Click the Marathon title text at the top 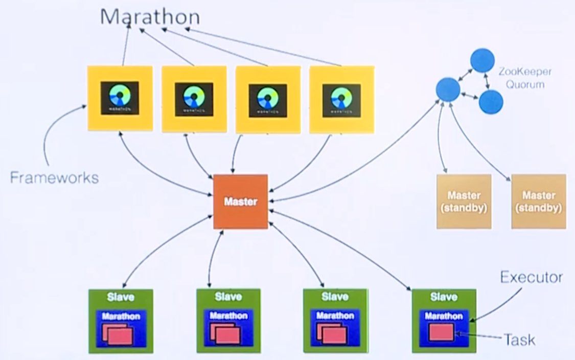(150, 16)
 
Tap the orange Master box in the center (240, 201)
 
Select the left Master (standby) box (464, 201)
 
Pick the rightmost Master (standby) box (539, 201)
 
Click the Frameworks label (54, 178)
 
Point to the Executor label (532, 278)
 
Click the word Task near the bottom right (520, 339)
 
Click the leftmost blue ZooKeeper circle (448, 89)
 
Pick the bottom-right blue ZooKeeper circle (491, 102)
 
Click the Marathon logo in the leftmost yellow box (120, 98)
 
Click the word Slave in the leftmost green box (121, 297)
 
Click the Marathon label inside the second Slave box (228, 316)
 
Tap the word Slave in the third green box (335, 297)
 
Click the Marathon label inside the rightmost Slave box (444, 316)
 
